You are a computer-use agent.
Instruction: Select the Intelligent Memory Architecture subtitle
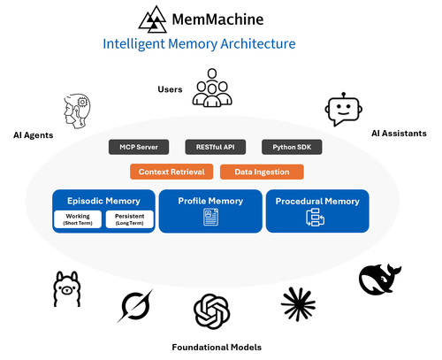coord(199,43)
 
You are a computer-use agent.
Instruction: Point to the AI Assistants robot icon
coord(343,110)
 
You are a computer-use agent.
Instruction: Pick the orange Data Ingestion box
coord(261,172)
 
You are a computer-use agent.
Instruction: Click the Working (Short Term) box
coord(77,219)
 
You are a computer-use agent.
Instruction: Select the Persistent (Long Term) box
coord(129,219)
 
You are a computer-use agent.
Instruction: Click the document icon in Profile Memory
coord(211,218)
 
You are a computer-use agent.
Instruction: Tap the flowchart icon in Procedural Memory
coord(316,218)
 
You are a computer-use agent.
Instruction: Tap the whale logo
coord(380,279)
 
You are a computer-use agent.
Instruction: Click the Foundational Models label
coord(216,347)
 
